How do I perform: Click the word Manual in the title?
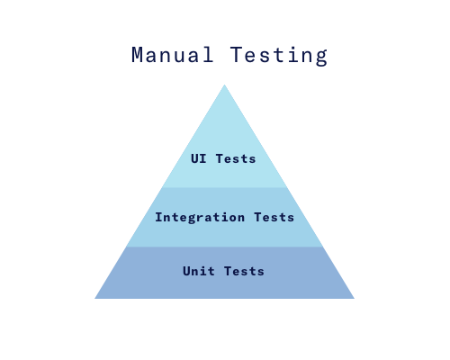point(173,55)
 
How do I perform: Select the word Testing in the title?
point(279,56)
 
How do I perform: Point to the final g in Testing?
point(321,58)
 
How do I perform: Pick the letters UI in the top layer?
point(199,158)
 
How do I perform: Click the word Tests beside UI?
point(236,158)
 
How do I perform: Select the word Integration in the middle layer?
point(200,218)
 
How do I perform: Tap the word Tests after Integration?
point(274,217)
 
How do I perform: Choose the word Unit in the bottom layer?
point(199,271)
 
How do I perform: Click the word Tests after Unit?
point(244,271)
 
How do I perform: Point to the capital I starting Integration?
point(158,217)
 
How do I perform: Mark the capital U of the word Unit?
point(186,271)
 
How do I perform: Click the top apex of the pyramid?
point(224,85)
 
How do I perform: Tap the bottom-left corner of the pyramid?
point(94,299)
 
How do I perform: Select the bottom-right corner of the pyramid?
point(355,299)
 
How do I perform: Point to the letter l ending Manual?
point(208,55)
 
